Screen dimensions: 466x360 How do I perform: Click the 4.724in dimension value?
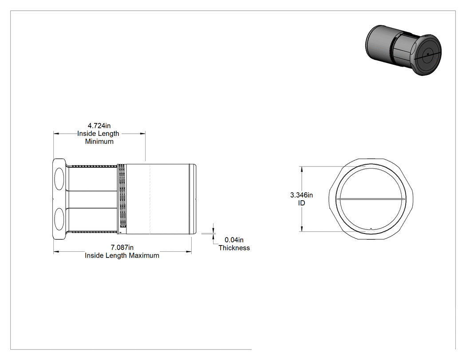click(x=99, y=126)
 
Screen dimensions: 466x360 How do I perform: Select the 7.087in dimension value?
click(x=122, y=247)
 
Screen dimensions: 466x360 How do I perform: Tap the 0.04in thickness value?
click(x=234, y=240)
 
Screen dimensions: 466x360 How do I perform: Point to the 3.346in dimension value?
click(x=301, y=195)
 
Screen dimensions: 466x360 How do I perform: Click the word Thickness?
click(x=234, y=248)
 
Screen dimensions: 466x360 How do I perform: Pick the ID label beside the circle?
click(x=301, y=203)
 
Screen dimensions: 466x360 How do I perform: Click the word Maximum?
click(x=144, y=256)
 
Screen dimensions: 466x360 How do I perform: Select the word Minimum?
click(x=99, y=142)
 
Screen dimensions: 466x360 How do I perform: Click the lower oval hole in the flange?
click(x=59, y=219)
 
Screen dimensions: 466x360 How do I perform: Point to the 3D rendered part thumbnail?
click(x=403, y=50)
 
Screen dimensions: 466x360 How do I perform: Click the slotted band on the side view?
click(x=122, y=197)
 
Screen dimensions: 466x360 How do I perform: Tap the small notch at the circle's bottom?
click(x=371, y=229)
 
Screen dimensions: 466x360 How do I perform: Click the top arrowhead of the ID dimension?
click(x=302, y=169)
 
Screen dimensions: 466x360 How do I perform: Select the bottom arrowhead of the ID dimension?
click(x=302, y=229)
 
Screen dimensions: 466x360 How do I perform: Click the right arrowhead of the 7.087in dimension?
click(x=189, y=252)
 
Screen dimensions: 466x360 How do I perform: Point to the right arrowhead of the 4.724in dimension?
click(x=142, y=134)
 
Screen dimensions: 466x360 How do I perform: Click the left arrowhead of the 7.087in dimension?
click(x=56, y=252)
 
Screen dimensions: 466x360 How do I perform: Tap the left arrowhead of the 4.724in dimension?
click(x=56, y=134)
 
